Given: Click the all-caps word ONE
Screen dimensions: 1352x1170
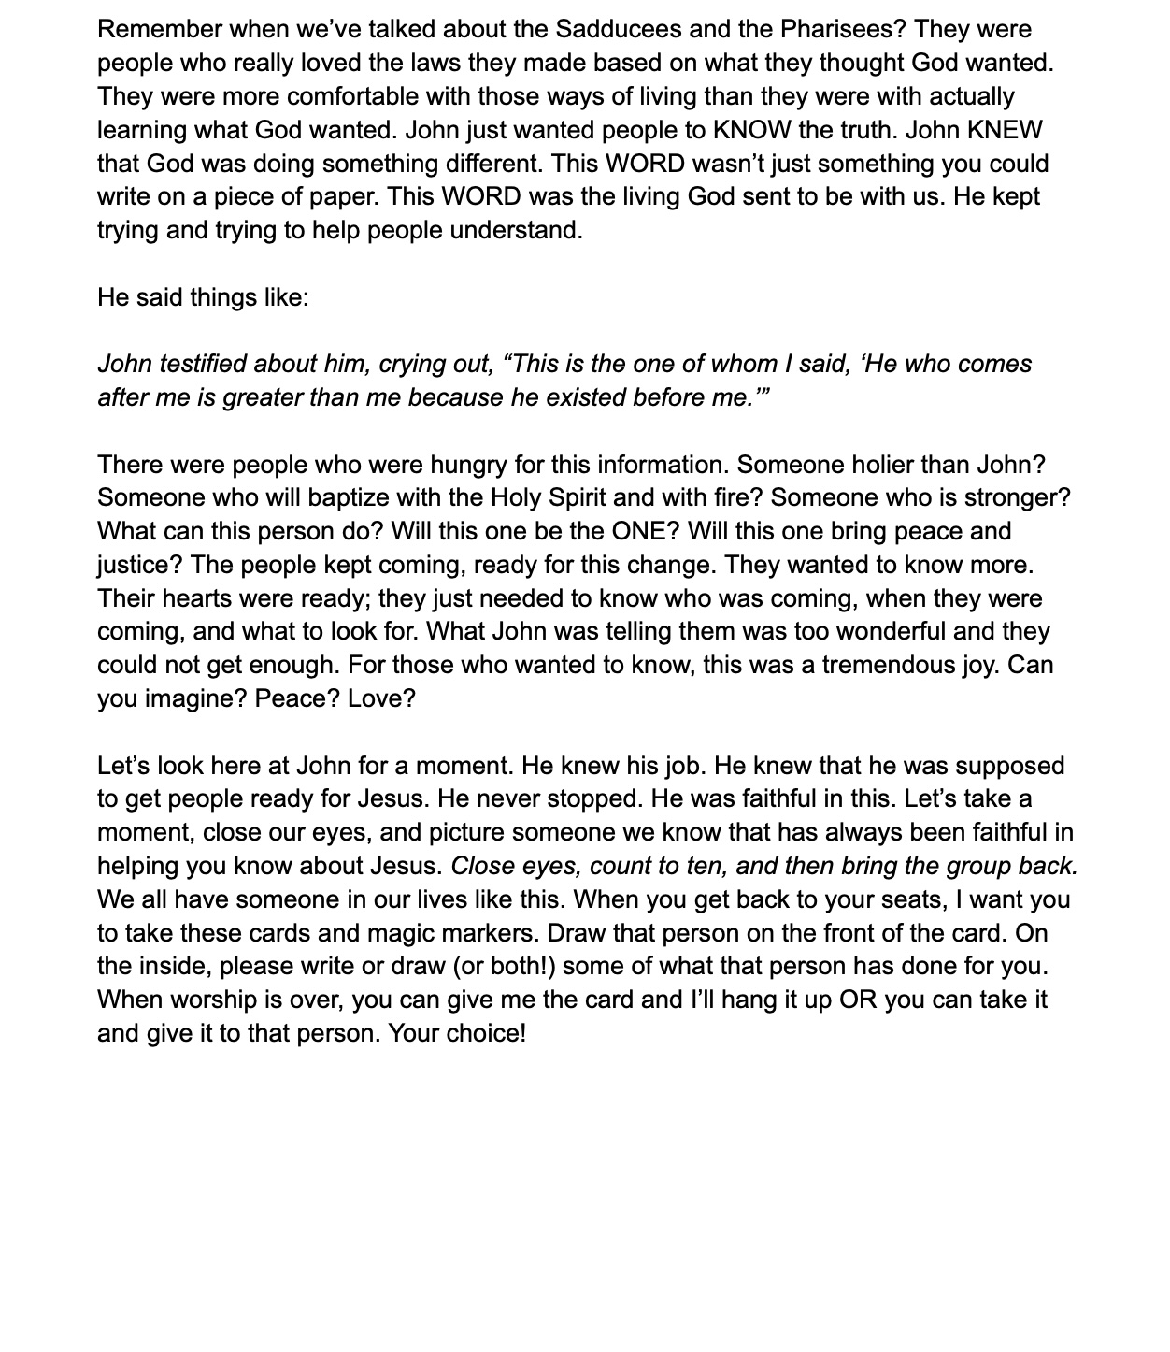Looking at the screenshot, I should coord(639,532).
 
